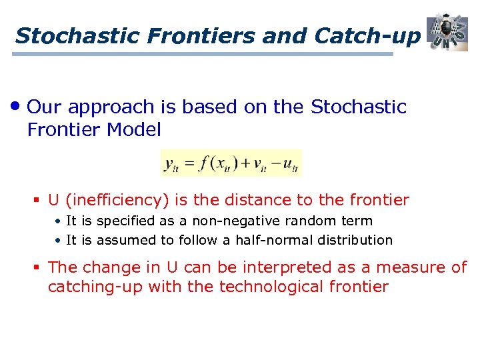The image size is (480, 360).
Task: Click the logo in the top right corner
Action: click(447, 31)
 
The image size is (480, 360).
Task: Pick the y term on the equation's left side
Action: click(171, 163)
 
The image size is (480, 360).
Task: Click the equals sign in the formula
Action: click(189, 163)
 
